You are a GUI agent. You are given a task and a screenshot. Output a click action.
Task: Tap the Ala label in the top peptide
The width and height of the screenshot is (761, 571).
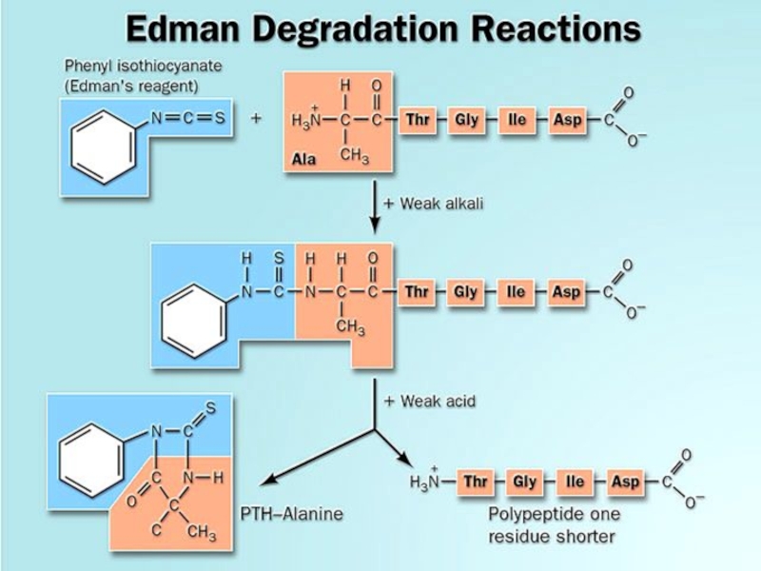click(x=304, y=159)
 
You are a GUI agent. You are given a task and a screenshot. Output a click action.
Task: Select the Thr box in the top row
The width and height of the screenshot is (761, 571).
click(x=417, y=121)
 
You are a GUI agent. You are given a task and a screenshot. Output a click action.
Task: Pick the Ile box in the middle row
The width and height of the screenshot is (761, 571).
click(x=516, y=292)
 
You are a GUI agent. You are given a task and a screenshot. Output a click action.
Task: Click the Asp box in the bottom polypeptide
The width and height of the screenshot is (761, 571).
click(x=625, y=482)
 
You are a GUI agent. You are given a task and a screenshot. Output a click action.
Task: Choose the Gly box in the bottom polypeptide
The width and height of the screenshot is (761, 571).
click(x=524, y=482)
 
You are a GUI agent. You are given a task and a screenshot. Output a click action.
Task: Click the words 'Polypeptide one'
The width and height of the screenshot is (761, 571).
click(x=554, y=514)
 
